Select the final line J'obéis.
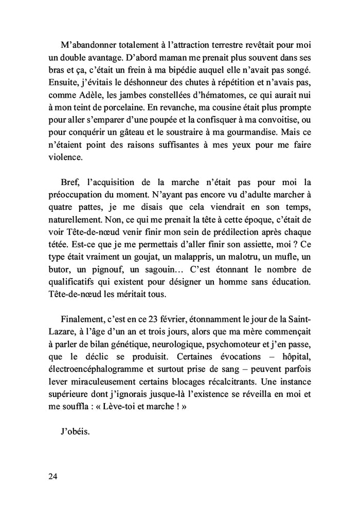point(75,431)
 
